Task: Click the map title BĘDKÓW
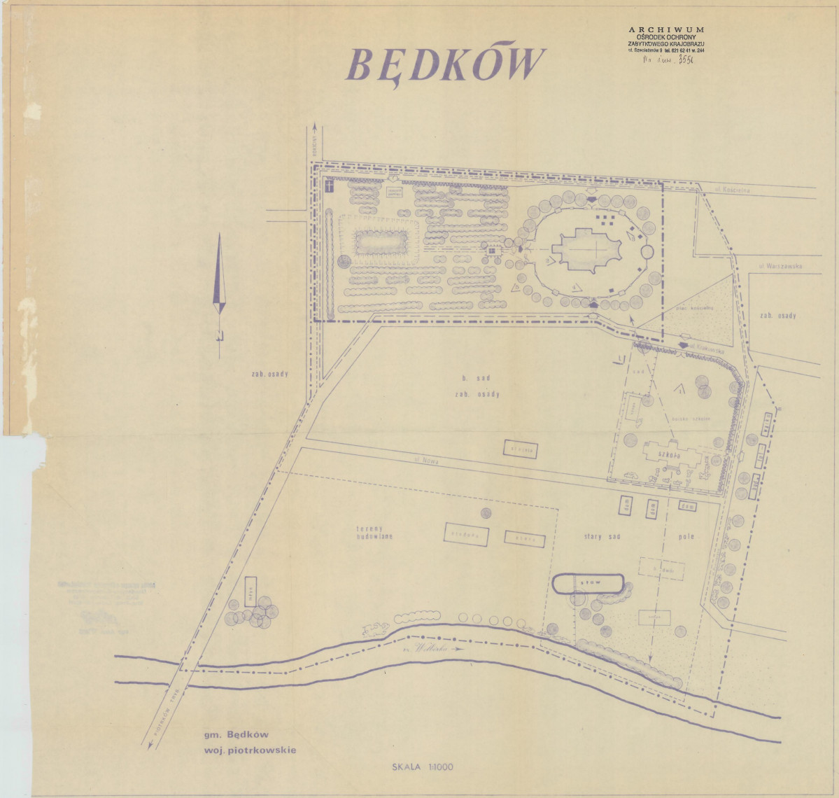point(444,66)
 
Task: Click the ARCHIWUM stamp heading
point(666,30)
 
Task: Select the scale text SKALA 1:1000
point(423,766)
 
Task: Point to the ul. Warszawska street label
point(780,267)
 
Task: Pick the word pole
point(686,537)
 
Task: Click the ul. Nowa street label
point(425,461)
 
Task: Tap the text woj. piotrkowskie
point(250,750)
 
